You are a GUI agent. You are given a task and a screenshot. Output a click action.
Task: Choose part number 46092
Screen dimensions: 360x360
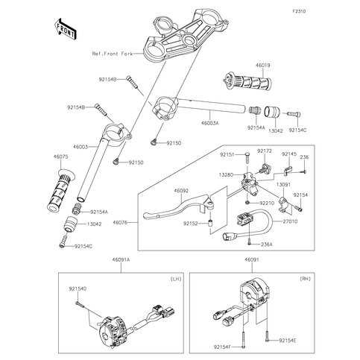pyautogui.click(x=183, y=191)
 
